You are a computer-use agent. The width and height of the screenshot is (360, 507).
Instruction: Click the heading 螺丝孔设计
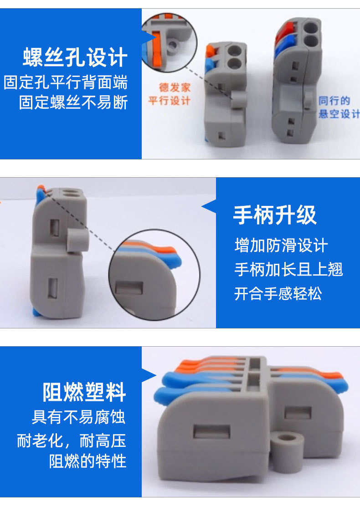[x=75, y=57]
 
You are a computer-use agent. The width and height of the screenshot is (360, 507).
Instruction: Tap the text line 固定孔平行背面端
[x=66, y=83]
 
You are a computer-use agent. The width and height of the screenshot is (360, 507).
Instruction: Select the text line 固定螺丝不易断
[x=73, y=102]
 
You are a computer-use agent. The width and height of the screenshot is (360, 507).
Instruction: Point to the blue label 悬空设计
[x=339, y=113]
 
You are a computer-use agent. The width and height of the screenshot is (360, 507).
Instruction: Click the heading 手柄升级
[x=275, y=215]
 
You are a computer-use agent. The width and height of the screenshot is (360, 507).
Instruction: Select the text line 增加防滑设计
[x=281, y=246]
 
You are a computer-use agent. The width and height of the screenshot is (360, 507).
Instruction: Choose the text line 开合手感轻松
[x=278, y=293]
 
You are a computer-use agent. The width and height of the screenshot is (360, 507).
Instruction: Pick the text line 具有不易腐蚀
[x=78, y=417]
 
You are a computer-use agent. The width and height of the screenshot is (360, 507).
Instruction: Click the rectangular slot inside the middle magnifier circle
[x=129, y=288]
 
